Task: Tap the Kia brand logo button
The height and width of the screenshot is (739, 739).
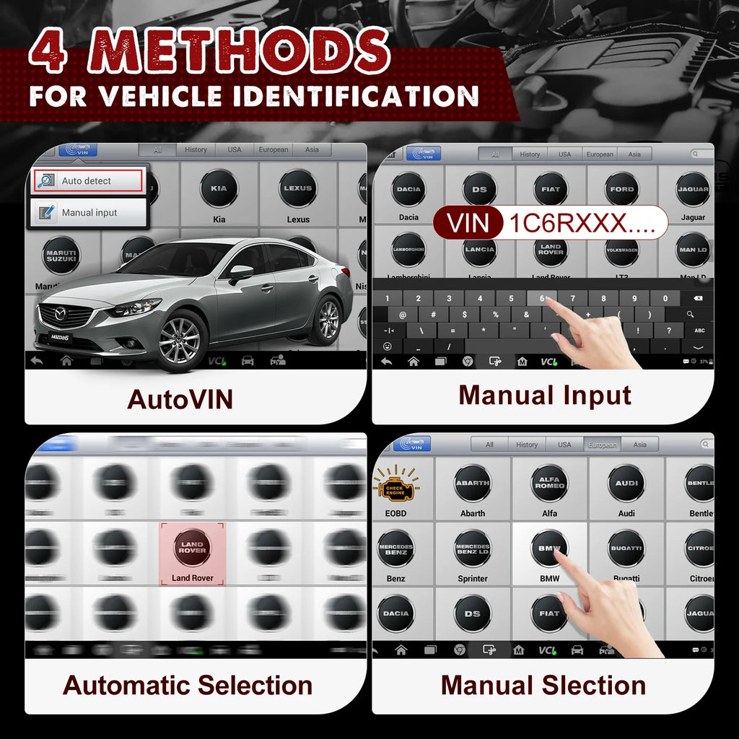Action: click(219, 189)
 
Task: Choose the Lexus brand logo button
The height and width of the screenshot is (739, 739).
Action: click(298, 189)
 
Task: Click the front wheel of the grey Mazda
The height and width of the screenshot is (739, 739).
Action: click(180, 340)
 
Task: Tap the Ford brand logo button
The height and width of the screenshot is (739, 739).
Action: click(621, 190)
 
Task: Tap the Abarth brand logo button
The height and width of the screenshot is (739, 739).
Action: click(473, 484)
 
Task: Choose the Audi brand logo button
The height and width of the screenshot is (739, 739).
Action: click(626, 484)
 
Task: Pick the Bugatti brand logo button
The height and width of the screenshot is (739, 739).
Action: click(626, 548)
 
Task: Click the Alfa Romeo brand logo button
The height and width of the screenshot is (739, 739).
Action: click(550, 484)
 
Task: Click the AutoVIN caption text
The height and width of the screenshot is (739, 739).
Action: click(180, 399)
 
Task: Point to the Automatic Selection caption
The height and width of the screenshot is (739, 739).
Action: click(188, 685)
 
